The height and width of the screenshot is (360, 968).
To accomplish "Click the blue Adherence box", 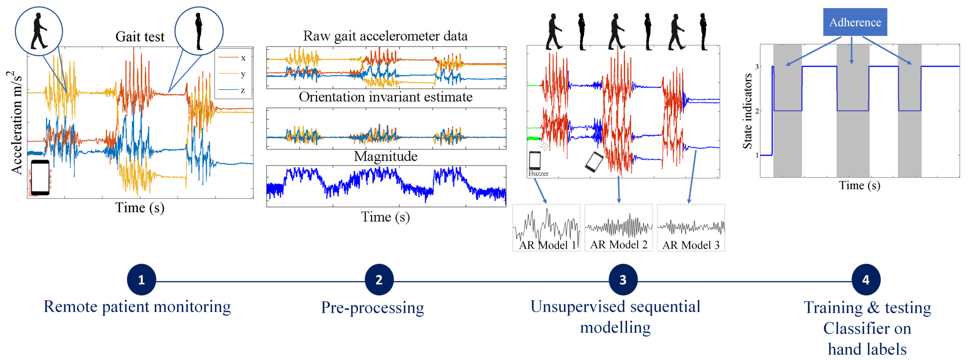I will pos(855,22).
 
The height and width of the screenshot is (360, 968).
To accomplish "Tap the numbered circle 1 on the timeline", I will pos(141,280).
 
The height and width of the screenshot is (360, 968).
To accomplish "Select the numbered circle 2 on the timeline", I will pos(379,280).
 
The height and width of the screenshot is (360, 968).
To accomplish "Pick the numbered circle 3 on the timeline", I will pos(623,280).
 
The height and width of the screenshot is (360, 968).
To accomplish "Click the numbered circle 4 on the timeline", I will pos(865,280).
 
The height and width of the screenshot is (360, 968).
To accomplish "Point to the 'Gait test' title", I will pos(140,37).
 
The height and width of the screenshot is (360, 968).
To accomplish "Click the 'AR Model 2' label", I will pos(618,245).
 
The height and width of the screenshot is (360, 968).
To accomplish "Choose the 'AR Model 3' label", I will pos(691,245).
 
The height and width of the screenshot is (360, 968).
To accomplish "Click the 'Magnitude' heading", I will pos(386,156).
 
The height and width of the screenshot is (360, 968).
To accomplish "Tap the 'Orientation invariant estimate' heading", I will pos(386,97).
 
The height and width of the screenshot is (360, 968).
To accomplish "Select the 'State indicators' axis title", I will pos(747,111).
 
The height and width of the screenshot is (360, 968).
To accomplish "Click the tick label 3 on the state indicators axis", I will pos(757,67).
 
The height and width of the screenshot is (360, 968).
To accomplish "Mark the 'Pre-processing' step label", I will pos(372,307).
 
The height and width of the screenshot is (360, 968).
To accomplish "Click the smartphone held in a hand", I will pos(40,177).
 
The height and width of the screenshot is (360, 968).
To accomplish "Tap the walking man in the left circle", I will pos(39,31).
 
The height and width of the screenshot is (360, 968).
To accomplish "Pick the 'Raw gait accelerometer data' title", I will pos(385,36).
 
